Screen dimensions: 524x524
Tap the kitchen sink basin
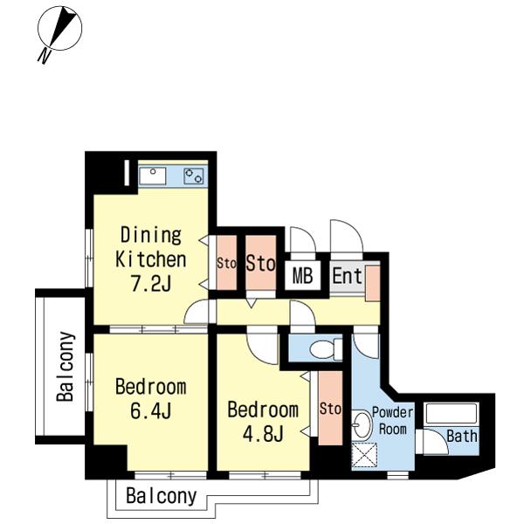153,176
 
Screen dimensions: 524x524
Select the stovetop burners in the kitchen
194,176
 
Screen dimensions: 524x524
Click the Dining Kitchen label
151,247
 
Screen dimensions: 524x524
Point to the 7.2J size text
151,284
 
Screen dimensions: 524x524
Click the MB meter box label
302,276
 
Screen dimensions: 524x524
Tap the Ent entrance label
348,276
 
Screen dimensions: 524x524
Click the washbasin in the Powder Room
362,425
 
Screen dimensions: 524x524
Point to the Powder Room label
393,421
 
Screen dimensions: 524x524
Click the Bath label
462,436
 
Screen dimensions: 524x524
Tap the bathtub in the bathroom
452,414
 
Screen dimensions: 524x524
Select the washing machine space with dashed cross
364,455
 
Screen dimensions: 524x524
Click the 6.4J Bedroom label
151,399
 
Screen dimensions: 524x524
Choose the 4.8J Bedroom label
263,422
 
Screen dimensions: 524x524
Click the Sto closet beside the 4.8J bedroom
330,408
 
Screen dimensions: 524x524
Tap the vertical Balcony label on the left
65,366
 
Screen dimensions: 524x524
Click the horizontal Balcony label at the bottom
162,496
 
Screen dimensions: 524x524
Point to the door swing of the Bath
436,442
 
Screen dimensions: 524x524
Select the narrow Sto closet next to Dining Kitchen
226,263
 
